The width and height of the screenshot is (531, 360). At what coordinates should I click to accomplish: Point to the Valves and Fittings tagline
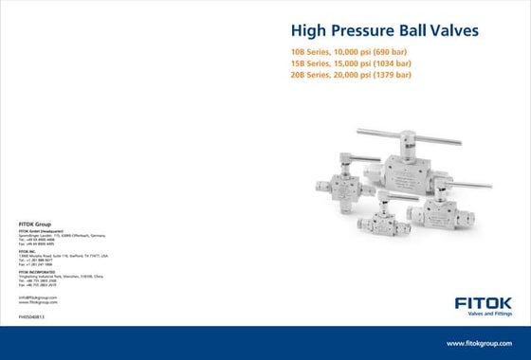click(478, 317)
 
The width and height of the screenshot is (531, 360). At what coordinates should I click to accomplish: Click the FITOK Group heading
click(34, 224)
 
